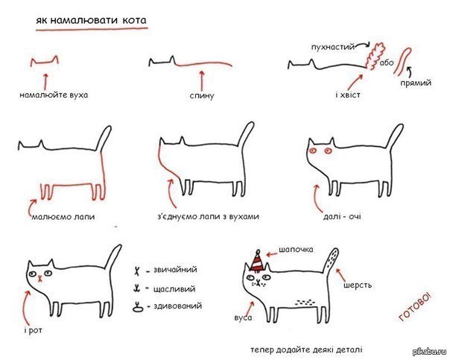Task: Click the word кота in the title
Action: click(x=134, y=20)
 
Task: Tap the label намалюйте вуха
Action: click(x=54, y=95)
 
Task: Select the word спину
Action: click(x=202, y=96)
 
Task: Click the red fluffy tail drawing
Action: click(x=374, y=56)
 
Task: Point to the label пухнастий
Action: click(x=333, y=47)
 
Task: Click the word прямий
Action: click(x=416, y=83)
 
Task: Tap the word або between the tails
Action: click(x=387, y=63)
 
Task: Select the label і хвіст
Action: click(x=347, y=95)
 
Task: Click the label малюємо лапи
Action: click(x=63, y=216)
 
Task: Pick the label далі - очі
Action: click(x=342, y=216)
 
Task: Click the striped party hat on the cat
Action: click(x=258, y=261)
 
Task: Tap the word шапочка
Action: click(x=296, y=250)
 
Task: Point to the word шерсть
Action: click(x=358, y=285)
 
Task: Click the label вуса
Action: click(x=243, y=318)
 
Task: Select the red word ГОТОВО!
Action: click(x=415, y=306)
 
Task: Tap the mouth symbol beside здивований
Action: click(x=139, y=307)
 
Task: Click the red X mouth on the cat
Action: click(x=40, y=278)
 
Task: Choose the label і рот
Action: click(x=34, y=331)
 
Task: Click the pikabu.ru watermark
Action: click(x=430, y=352)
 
